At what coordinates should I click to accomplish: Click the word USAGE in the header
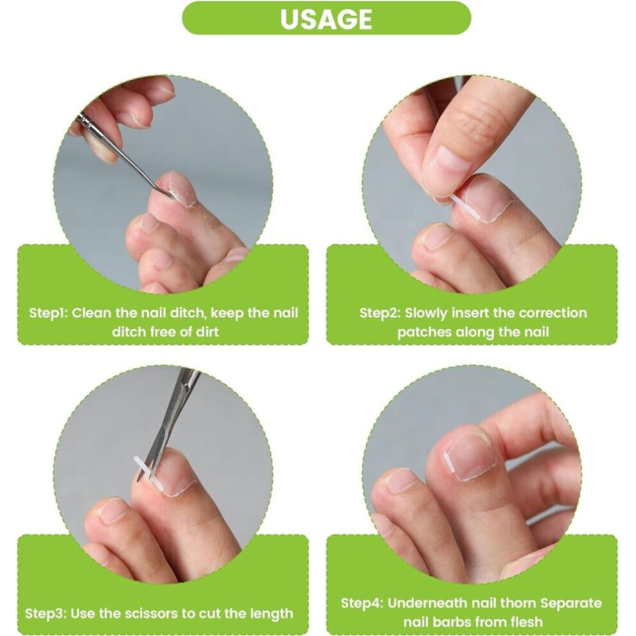click(x=326, y=19)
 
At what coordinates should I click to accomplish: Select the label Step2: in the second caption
click(x=380, y=313)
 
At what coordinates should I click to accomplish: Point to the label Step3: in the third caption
click(x=46, y=614)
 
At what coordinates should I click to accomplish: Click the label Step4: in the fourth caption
click(x=362, y=603)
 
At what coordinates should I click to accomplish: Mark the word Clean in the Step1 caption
click(x=92, y=313)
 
